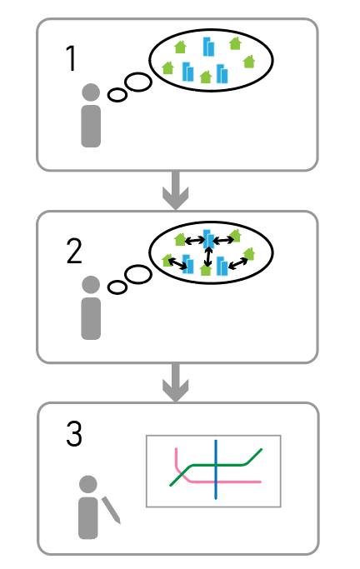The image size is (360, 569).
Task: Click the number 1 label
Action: (x=71, y=58)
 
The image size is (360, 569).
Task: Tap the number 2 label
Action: (x=74, y=251)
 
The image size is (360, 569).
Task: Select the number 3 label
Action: (x=74, y=433)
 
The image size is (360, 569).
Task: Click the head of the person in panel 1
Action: (x=91, y=92)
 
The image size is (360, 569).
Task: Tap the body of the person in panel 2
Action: (x=91, y=318)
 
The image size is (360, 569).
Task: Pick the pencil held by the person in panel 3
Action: (x=111, y=510)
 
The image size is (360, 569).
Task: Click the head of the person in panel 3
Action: (x=88, y=484)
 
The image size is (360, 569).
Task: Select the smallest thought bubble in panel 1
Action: (x=117, y=96)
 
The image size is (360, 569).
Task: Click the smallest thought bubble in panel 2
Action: (x=117, y=287)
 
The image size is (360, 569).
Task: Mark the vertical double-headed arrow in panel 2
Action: (x=207, y=257)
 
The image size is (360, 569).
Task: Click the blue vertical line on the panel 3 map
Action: (x=216, y=470)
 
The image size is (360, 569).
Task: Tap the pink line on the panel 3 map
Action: (x=203, y=482)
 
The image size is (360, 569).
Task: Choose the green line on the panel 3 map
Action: (x=216, y=465)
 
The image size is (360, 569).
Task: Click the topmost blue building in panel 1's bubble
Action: (x=208, y=47)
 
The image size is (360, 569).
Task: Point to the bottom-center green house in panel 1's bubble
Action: (x=206, y=77)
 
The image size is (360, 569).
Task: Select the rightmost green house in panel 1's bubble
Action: (x=248, y=62)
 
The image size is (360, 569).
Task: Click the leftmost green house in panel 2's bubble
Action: (x=167, y=260)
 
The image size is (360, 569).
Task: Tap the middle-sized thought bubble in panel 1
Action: (x=137, y=82)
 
